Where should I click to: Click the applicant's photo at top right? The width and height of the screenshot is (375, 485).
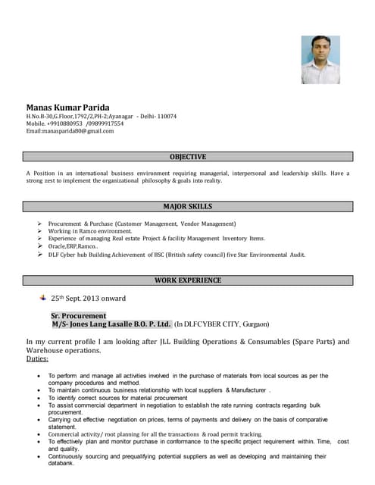point(320,59)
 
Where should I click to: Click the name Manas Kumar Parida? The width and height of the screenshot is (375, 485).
point(67,107)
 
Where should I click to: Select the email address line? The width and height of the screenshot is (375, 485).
point(70,131)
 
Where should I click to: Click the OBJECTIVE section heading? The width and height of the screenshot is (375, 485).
point(187,157)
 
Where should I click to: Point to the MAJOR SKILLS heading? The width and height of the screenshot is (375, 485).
point(187,206)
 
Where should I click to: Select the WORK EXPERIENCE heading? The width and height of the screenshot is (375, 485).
point(187,280)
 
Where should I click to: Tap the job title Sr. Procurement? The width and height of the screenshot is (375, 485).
point(78,315)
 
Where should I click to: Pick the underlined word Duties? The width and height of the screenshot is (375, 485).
point(37,358)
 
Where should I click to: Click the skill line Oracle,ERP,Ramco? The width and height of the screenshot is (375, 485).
point(73,246)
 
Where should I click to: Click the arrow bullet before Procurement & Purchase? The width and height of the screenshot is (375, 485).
point(39,224)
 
